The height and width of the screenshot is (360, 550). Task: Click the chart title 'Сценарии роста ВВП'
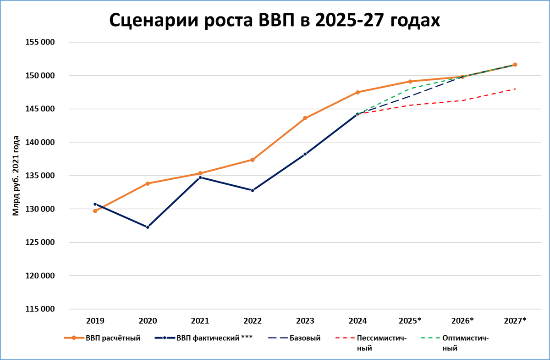pyautogui.click(x=274, y=21)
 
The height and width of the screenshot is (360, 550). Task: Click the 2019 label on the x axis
pyautogui.click(x=95, y=321)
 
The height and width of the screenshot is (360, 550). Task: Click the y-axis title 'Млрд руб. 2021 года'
pyautogui.click(x=16, y=176)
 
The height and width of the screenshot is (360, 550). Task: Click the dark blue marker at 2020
pyautogui.click(x=148, y=227)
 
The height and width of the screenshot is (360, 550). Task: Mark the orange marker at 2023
pyautogui.click(x=305, y=118)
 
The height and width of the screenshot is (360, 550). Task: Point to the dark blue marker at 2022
pyautogui.click(x=253, y=190)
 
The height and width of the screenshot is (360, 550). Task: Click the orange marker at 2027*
pyautogui.click(x=515, y=65)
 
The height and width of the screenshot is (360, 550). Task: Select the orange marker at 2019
pyautogui.click(x=95, y=211)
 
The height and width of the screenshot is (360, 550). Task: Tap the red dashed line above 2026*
pyautogui.click(x=462, y=100)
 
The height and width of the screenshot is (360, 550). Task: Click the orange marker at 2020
pyautogui.click(x=148, y=183)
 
